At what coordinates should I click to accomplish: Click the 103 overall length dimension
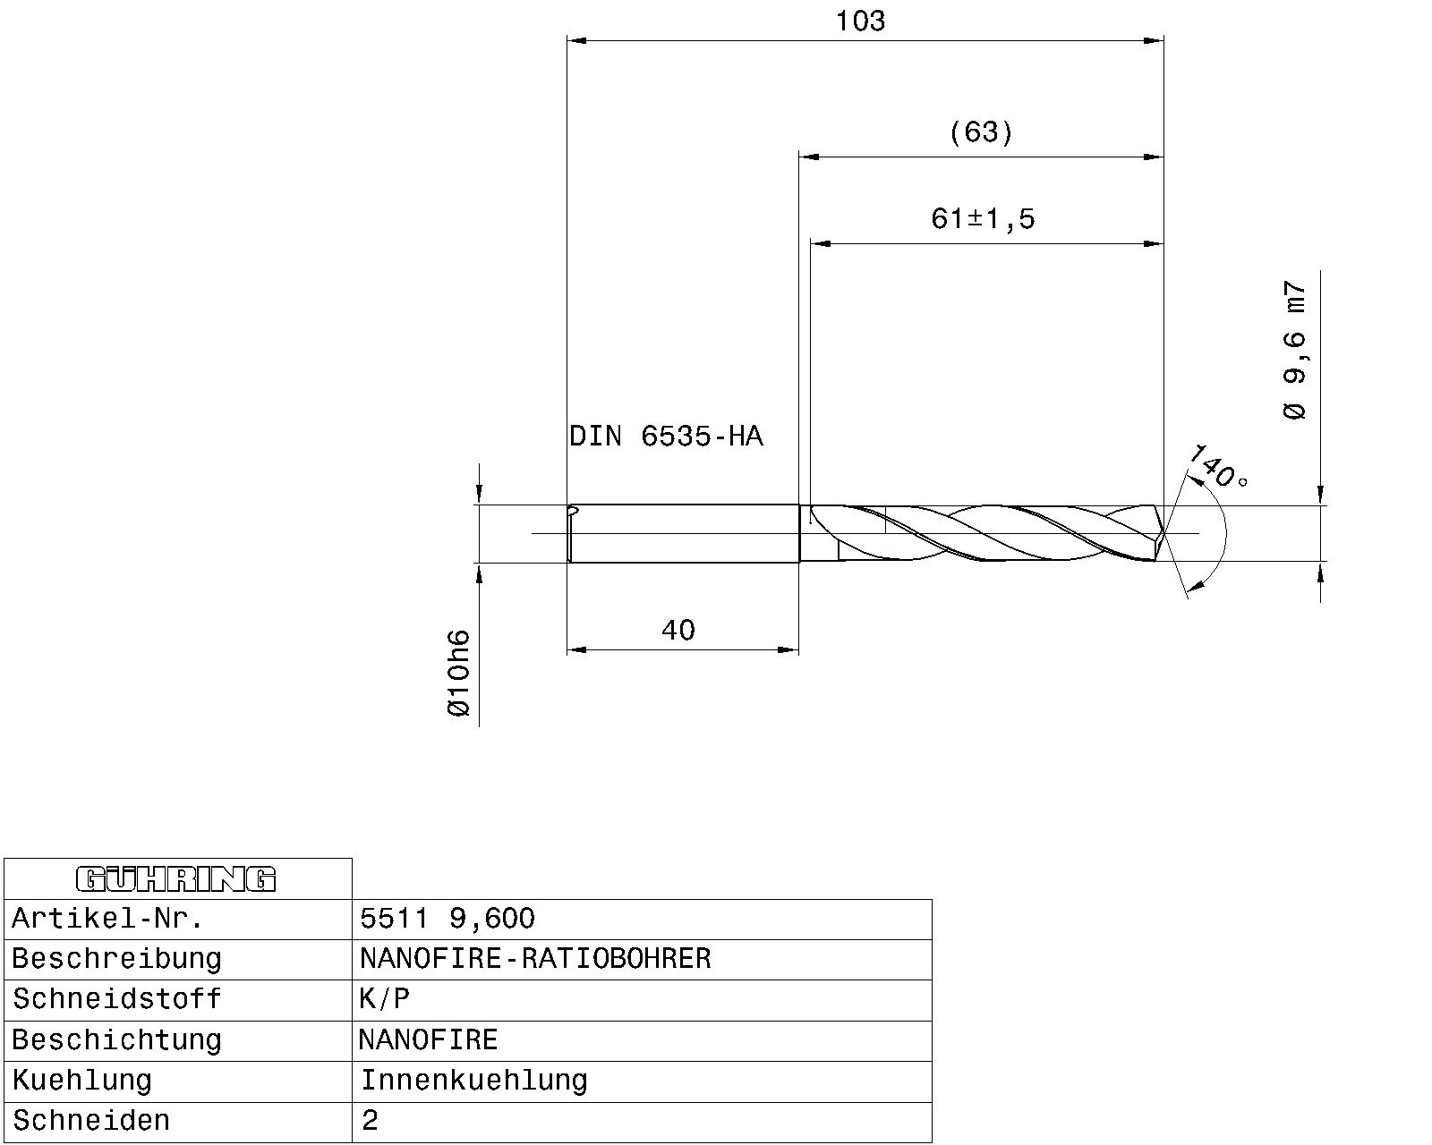[860, 21]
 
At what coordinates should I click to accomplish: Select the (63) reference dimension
[981, 132]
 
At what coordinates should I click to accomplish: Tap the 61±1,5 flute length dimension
[983, 218]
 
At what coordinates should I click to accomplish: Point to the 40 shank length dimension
[678, 631]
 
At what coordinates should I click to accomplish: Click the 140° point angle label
[1217, 466]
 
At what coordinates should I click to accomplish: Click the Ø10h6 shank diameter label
[458, 673]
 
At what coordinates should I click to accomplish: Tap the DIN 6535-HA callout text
[666, 437]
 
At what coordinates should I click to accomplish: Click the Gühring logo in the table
[177, 879]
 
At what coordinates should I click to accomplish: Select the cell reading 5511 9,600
[447, 919]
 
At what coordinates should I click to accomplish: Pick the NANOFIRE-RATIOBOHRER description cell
[535, 959]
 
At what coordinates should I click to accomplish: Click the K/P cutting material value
[385, 999]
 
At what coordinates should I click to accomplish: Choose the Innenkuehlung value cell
[473, 1081]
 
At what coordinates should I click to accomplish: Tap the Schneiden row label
[91, 1121]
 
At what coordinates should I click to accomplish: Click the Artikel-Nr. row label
[107, 919]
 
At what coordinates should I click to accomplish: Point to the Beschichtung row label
[116, 1040]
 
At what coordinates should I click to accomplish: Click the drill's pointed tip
[1163, 535]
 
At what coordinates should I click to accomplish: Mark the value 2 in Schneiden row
[371, 1121]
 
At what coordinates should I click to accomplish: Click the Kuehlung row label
[82, 1081]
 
